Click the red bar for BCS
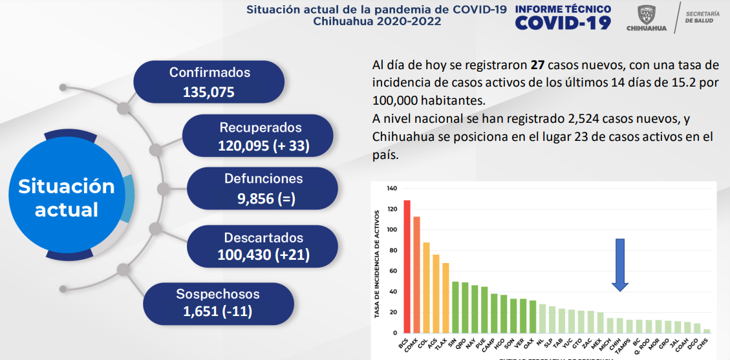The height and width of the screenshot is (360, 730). [407, 266]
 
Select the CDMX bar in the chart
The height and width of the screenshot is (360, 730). [416, 275]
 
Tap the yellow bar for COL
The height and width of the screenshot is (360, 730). [426, 288]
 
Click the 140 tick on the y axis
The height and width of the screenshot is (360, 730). [391, 189]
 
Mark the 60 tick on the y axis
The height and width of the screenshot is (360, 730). [392, 271]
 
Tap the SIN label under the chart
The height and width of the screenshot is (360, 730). [452, 341]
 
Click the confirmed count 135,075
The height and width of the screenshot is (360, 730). [209, 92]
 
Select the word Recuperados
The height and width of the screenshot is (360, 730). [260, 127]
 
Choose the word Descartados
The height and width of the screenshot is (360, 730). [263, 237]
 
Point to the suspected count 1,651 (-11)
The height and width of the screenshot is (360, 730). [217, 313]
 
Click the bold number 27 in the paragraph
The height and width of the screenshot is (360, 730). [537, 65]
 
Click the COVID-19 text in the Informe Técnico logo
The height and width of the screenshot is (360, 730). [563, 23]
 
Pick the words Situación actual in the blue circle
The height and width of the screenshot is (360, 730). [67, 198]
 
